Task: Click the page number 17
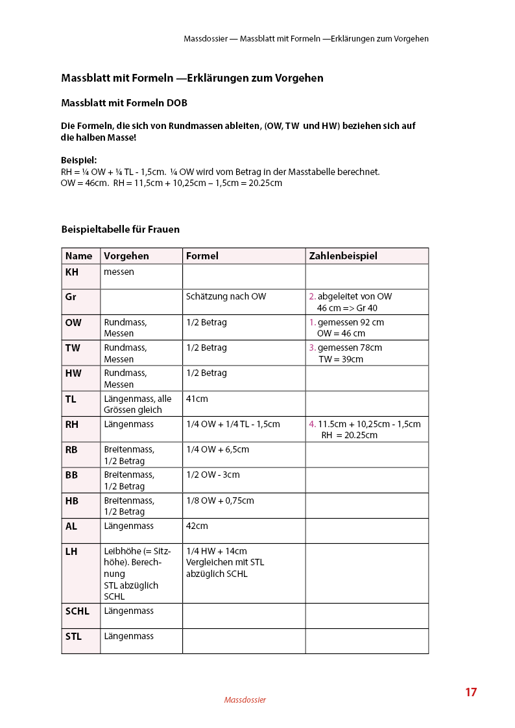[x=470, y=692]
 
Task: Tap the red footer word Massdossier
[x=245, y=700]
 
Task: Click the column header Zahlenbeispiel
[x=343, y=256]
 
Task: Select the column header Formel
[x=202, y=256]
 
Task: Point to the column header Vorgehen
[x=126, y=256]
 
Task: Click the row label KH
[x=72, y=272]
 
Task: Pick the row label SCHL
[x=77, y=611]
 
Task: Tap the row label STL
[x=73, y=637]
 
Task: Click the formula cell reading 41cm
[x=197, y=399]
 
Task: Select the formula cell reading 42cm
[x=197, y=526]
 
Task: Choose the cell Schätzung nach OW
[x=226, y=297]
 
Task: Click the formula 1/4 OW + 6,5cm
[x=217, y=449]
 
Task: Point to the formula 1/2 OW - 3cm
[x=213, y=475]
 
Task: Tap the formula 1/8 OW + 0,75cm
[x=220, y=500]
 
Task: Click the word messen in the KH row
[x=119, y=272]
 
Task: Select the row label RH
[x=72, y=425]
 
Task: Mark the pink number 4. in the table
[x=312, y=425]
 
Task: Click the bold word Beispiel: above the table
[x=79, y=159]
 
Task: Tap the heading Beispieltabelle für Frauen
[x=120, y=229]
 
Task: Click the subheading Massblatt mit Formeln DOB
[x=124, y=103]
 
